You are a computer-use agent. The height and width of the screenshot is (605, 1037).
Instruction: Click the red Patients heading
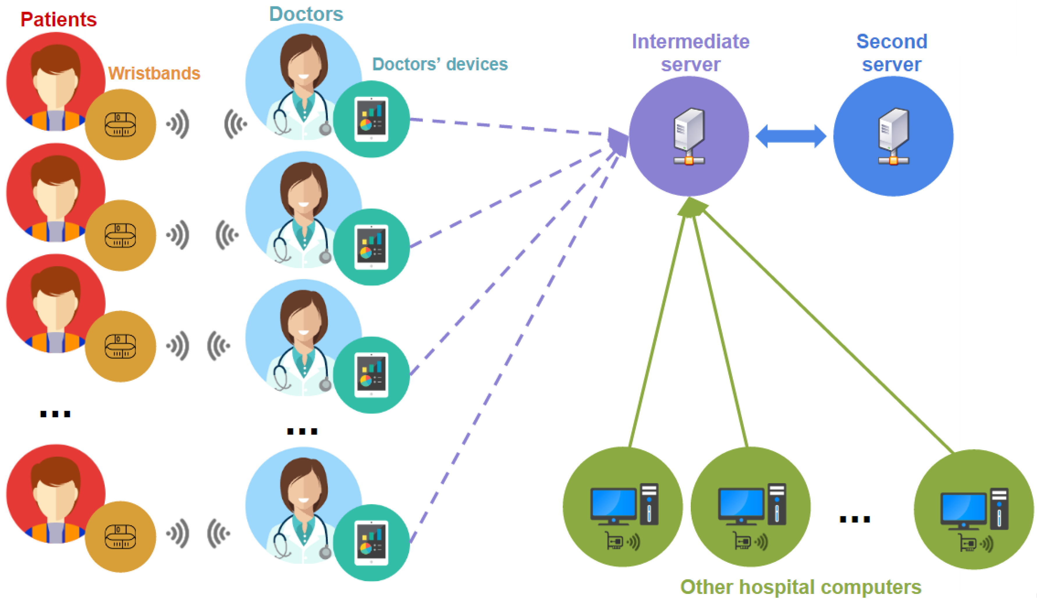tap(58, 19)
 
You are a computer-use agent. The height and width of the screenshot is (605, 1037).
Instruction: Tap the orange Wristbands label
tap(154, 73)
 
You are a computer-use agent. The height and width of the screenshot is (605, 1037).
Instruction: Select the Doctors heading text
tap(306, 14)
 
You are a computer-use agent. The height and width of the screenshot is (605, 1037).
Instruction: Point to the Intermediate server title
tap(690, 53)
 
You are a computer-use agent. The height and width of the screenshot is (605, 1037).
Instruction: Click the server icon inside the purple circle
tap(689, 136)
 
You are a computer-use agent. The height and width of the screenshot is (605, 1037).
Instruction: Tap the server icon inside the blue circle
tap(893, 136)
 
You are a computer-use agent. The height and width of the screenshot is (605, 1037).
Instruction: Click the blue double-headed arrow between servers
tap(791, 136)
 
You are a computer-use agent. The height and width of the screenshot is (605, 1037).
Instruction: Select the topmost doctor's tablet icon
tap(371, 119)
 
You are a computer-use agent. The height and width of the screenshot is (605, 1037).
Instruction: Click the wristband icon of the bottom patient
tap(120, 537)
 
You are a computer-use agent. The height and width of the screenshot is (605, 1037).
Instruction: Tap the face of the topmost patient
tap(56, 82)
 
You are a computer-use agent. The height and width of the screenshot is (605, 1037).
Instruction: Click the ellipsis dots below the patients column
tap(55, 414)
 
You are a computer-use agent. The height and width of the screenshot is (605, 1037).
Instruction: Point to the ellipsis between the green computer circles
tap(855, 519)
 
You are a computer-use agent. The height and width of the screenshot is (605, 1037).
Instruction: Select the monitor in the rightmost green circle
tap(963, 510)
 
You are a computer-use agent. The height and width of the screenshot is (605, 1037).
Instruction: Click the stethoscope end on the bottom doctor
tap(325, 552)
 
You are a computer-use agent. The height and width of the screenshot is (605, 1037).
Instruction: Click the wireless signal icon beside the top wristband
tap(178, 124)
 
